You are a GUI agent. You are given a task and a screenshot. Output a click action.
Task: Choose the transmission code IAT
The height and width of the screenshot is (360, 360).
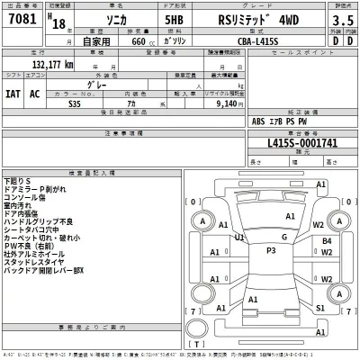(13, 93)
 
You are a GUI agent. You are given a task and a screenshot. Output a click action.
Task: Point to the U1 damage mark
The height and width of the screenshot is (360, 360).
(239, 238)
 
